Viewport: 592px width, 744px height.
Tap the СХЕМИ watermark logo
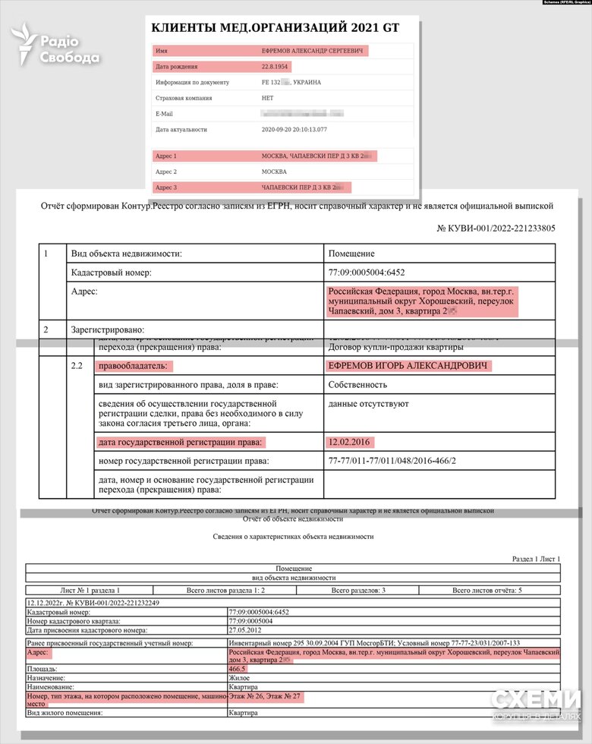pyautogui.click(x=535, y=702)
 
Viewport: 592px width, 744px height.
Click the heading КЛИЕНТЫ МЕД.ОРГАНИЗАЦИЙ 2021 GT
pyautogui.click(x=275, y=28)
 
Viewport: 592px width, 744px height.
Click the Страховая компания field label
pyautogui.click(x=184, y=98)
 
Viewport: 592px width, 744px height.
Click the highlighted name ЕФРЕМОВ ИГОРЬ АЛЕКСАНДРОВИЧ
pyautogui.click(x=408, y=366)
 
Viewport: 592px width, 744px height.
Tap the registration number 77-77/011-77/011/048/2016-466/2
pyautogui.click(x=402, y=461)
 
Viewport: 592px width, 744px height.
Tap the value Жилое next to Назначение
pyautogui.click(x=239, y=678)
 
